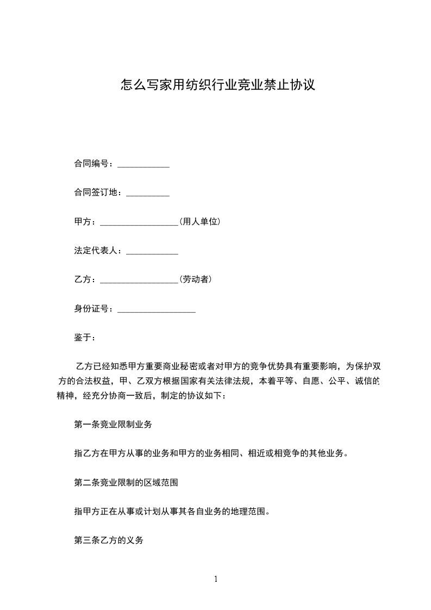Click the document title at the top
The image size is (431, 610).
coord(217,85)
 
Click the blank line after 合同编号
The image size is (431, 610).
coord(143,165)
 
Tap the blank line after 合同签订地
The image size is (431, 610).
coord(148,194)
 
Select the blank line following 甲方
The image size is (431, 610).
coord(139,223)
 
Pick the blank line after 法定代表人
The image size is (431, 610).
coord(152,252)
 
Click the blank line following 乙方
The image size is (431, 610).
coord(139,281)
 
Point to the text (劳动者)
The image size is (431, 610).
coord(195,279)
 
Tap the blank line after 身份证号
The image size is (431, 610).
coord(157,310)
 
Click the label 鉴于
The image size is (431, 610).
coord(84,338)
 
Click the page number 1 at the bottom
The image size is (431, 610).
coord(216,580)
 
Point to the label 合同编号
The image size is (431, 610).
coord(93,164)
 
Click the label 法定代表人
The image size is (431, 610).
coord(97,251)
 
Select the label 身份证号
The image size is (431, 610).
coord(93,309)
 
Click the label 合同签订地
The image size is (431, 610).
coord(97,192)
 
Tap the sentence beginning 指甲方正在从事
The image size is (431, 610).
coord(172,512)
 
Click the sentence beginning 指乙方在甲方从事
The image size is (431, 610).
coord(211,453)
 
